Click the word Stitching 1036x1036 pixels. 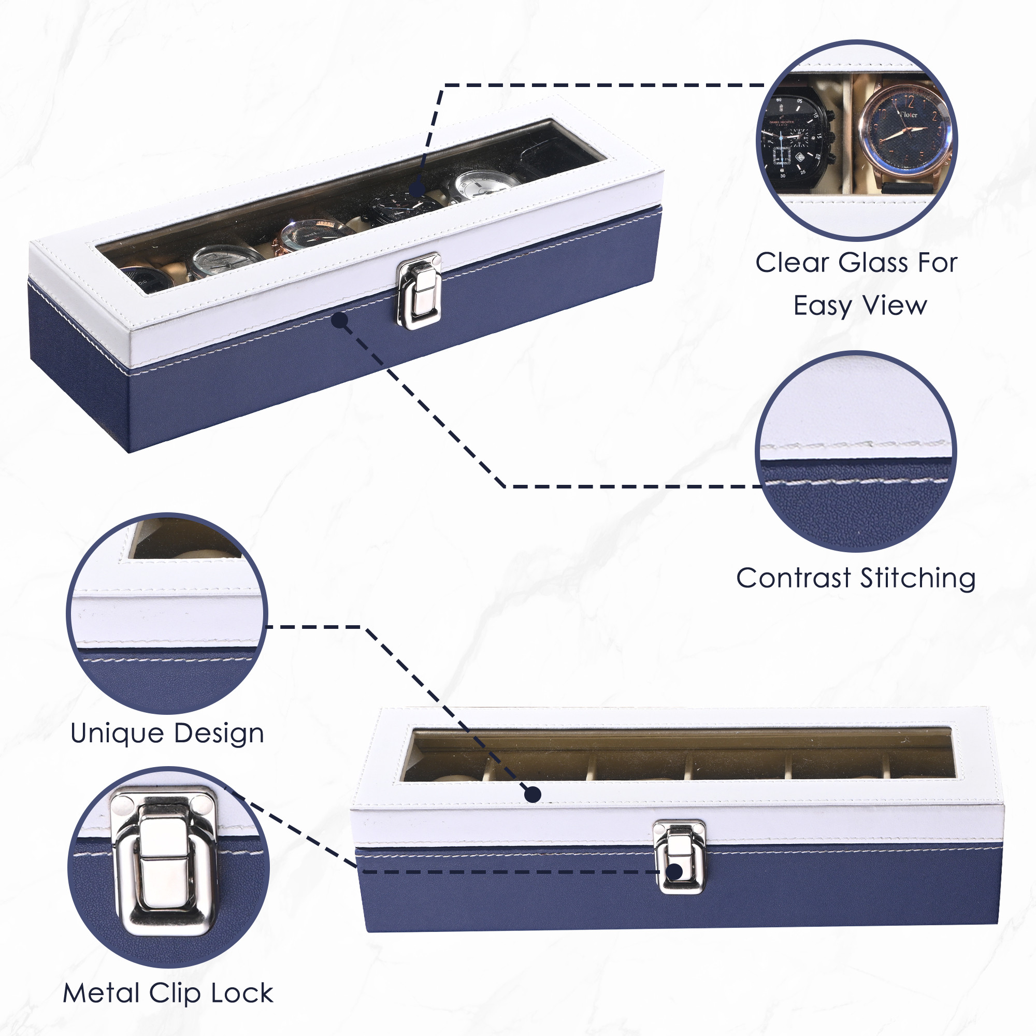click(917, 579)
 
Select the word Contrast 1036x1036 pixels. click(794, 578)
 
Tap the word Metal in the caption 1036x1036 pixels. click(102, 993)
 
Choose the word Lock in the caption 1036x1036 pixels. click(242, 993)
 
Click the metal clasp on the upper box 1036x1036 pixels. click(419, 291)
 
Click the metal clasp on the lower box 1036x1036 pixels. click(679, 857)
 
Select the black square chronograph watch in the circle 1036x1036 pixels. click(796, 139)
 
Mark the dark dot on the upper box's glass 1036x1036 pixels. click(417, 189)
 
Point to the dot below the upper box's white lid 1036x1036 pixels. click(340, 320)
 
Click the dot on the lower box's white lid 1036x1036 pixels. click(533, 794)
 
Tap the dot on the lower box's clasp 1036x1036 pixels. click(675, 871)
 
